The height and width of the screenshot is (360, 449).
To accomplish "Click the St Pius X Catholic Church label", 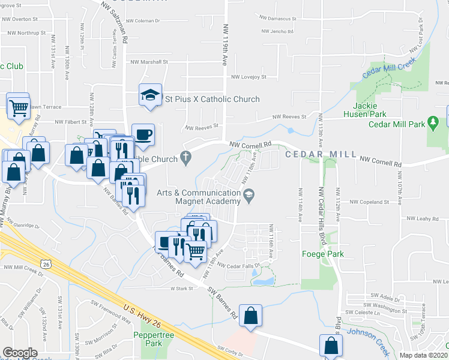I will [212, 99].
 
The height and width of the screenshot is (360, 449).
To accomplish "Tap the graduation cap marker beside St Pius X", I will [150, 95].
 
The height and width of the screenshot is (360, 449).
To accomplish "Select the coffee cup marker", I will [142, 134].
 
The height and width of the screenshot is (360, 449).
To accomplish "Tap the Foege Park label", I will [322, 254].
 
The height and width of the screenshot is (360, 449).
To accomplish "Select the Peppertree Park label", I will [148, 339].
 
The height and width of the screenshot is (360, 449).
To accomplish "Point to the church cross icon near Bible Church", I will [186, 158].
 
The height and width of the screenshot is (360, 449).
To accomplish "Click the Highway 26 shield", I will [47, 264].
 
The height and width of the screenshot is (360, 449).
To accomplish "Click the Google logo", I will [20, 353].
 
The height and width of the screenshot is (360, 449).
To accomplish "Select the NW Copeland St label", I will [372, 203].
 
